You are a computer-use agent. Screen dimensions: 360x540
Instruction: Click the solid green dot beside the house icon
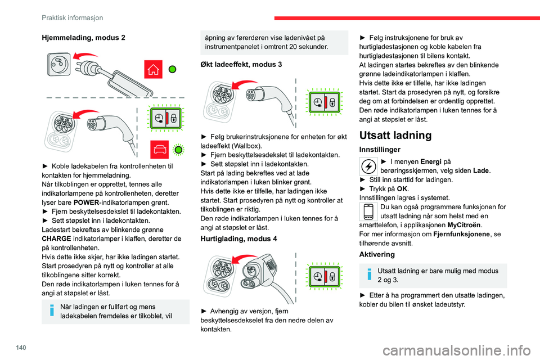173,69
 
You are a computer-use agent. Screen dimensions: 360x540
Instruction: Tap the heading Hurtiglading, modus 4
238,238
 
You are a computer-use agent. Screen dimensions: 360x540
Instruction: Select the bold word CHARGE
56,238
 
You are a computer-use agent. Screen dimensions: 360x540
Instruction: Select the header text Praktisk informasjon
72,17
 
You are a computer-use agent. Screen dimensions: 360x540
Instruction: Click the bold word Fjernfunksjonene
461,234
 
